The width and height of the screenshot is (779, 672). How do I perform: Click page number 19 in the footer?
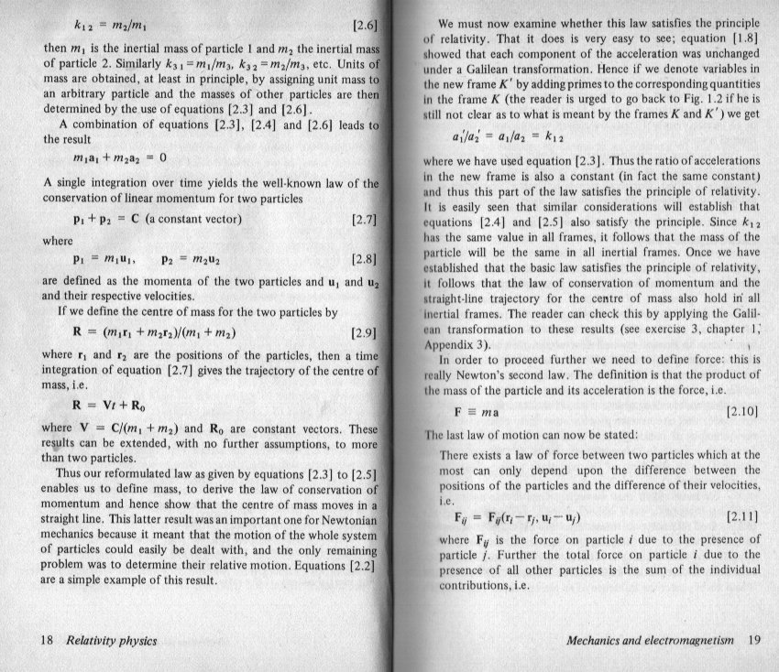tap(754, 640)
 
